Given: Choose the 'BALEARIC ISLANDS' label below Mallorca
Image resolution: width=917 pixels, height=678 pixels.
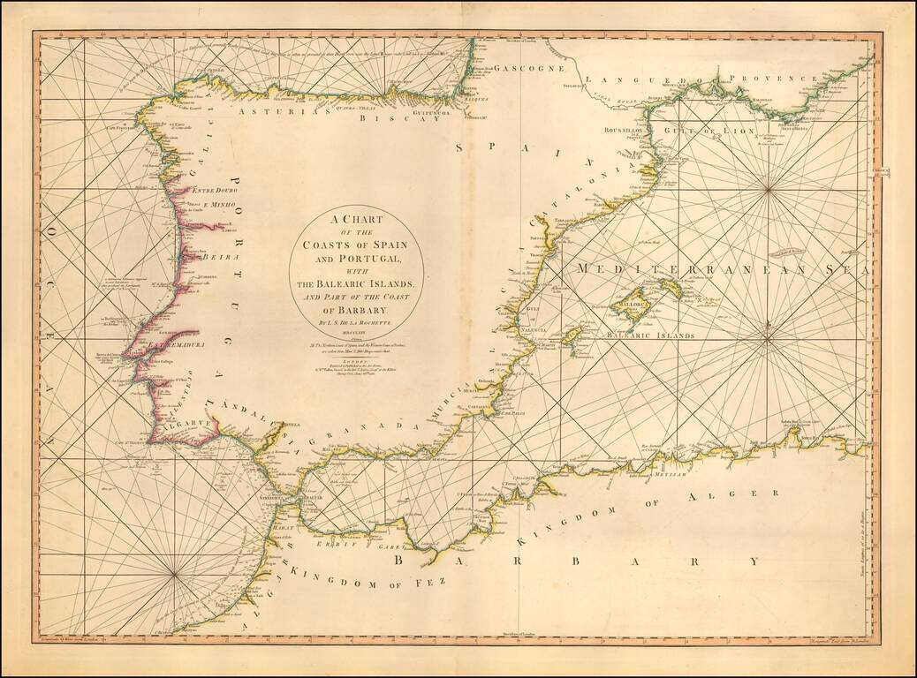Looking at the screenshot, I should [649, 336].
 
